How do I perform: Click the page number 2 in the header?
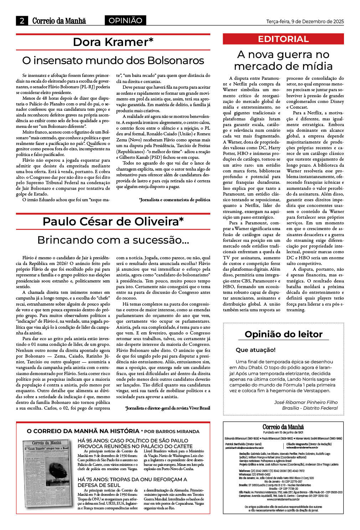click(x=22, y=21)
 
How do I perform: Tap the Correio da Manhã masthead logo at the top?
click(x=59, y=21)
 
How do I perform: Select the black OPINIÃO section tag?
click(x=125, y=21)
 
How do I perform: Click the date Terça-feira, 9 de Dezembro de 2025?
click(x=305, y=21)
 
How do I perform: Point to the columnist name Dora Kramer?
click(x=113, y=42)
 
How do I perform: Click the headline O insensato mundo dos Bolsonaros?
click(x=113, y=61)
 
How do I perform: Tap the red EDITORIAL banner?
click(x=283, y=39)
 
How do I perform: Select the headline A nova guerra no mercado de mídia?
click(x=283, y=60)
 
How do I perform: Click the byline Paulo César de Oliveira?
click(x=113, y=222)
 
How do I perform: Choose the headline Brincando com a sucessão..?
click(x=113, y=240)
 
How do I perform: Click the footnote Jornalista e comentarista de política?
click(x=175, y=200)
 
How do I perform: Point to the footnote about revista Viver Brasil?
click(x=168, y=408)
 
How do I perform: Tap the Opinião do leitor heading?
click(x=283, y=334)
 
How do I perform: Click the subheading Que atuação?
click(x=256, y=350)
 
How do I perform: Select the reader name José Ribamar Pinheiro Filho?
click(x=306, y=402)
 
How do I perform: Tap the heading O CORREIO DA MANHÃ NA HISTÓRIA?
click(x=83, y=431)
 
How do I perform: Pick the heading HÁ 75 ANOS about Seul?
click(x=132, y=482)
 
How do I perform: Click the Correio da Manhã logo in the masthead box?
click(x=283, y=427)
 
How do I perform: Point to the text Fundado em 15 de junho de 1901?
click(x=283, y=432)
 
